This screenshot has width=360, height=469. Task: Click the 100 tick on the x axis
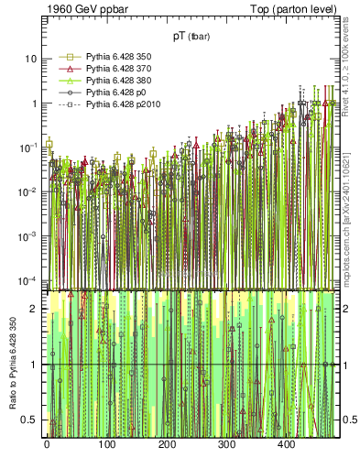pos(106,444)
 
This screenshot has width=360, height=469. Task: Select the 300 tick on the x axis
pos(287,444)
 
